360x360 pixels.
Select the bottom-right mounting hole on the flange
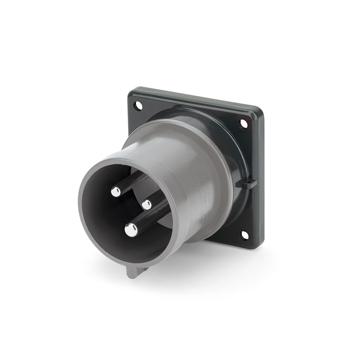[244, 235]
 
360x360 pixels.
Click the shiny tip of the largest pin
[131, 230]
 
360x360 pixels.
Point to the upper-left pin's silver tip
[116, 192]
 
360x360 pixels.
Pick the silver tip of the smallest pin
[147, 205]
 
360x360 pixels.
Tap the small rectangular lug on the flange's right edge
[251, 184]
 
